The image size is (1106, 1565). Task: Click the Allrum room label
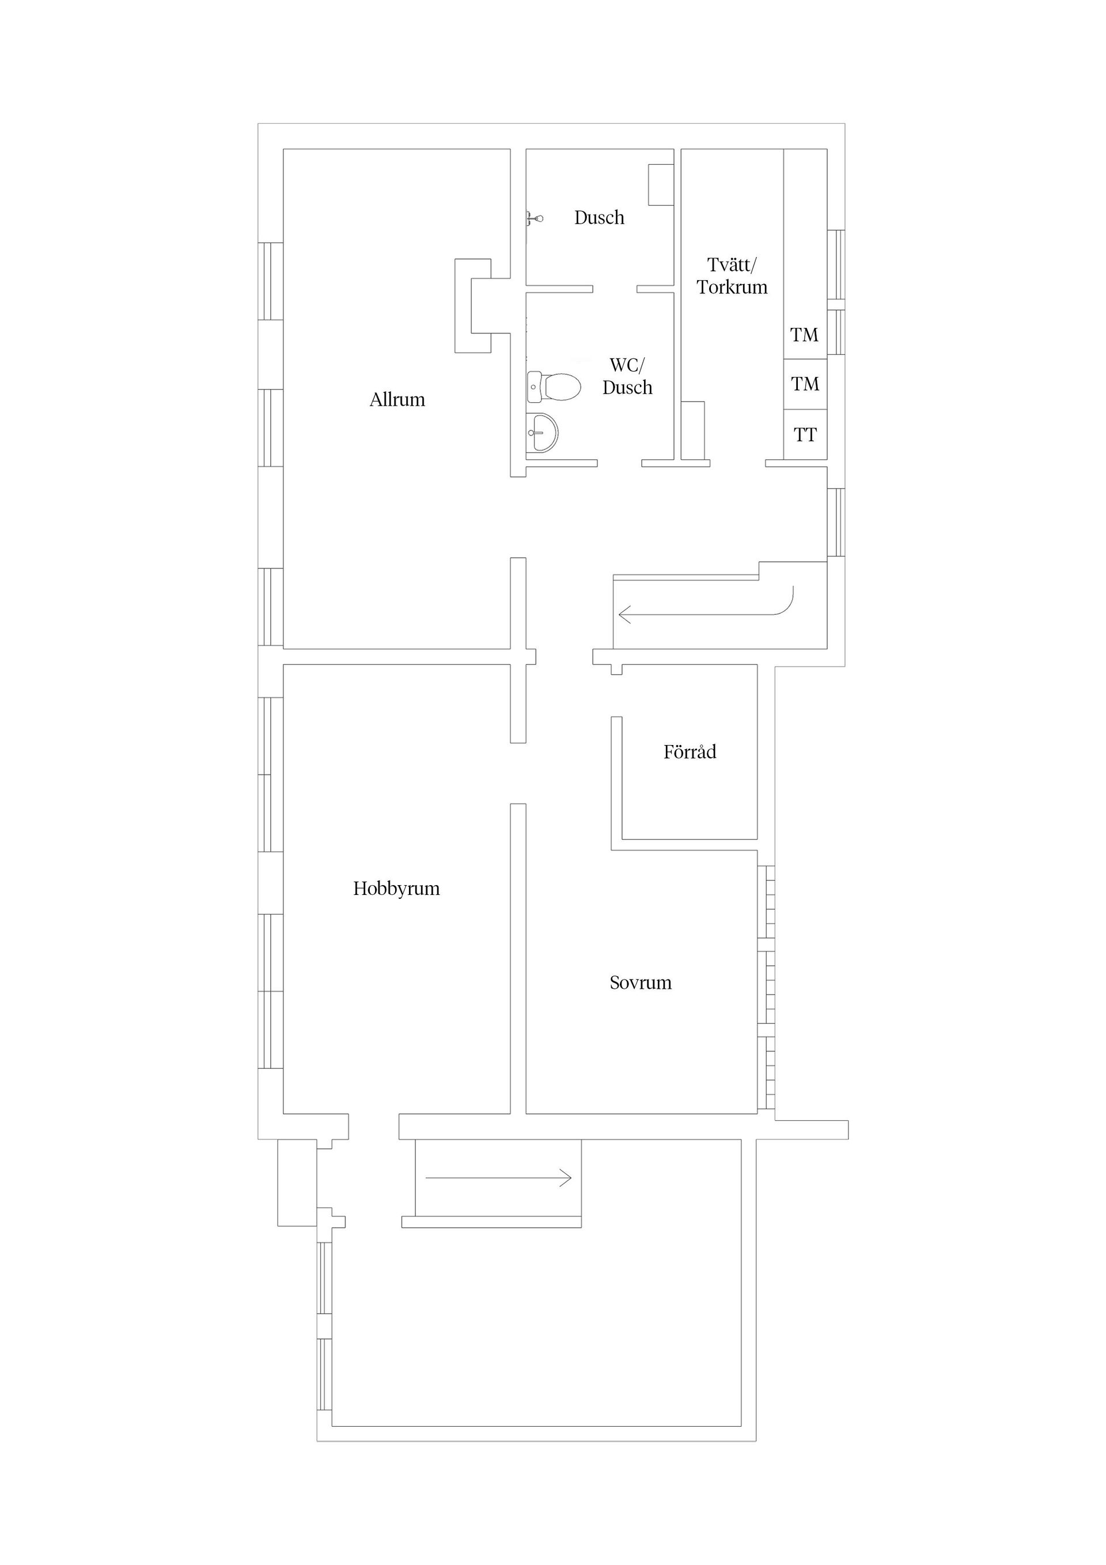(x=397, y=399)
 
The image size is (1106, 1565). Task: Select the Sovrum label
(x=641, y=983)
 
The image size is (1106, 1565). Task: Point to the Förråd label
(x=690, y=752)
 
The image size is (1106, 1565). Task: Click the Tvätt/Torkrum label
(x=732, y=275)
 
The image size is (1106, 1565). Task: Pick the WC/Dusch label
(x=627, y=376)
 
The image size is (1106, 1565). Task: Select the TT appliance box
(x=805, y=435)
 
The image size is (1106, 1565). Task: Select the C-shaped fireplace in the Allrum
(x=472, y=305)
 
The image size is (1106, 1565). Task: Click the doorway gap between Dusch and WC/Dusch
(x=615, y=289)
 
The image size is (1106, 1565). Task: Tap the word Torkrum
(x=732, y=287)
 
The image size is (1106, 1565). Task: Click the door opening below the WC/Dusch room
(x=619, y=463)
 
